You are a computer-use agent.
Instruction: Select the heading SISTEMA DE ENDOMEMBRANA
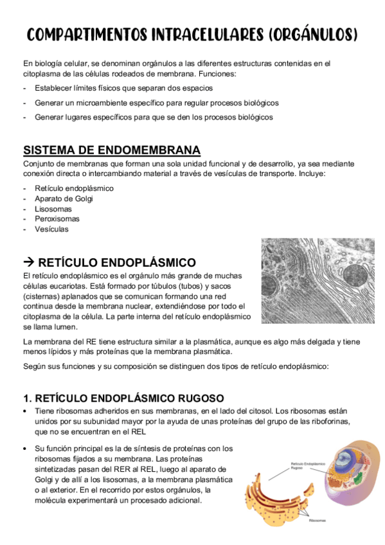112,150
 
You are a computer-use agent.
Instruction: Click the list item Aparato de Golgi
64,199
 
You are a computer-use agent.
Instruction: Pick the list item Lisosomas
53,209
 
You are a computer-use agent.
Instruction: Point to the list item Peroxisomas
58,219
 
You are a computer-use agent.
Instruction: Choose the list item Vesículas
52,229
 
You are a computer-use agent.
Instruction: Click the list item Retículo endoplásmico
75,188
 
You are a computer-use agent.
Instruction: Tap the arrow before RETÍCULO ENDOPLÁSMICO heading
29,262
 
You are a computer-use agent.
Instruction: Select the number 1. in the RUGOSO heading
27,398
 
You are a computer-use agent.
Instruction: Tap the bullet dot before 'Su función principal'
25,448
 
